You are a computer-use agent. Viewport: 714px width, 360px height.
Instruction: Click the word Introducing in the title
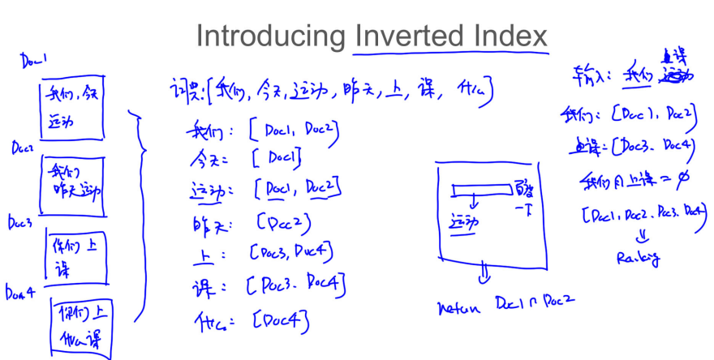(x=270, y=36)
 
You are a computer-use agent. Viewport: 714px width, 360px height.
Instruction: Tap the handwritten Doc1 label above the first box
(x=33, y=61)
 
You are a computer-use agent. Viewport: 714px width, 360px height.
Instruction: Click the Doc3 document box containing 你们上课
(x=75, y=257)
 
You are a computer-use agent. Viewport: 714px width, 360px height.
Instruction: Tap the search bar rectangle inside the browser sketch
(x=482, y=191)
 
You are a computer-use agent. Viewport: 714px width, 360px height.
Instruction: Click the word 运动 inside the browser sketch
(x=463, y=221)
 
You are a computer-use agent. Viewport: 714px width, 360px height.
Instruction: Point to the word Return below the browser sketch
(x=459, y=309)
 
